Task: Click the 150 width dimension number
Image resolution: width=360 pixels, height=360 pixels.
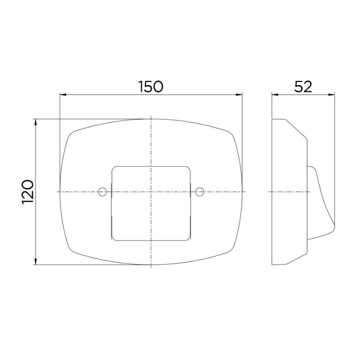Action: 150,86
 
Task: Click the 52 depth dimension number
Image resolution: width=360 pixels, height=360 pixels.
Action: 303,86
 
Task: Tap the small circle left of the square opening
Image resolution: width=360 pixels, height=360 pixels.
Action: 102,192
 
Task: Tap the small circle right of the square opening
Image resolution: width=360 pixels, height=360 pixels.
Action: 200,192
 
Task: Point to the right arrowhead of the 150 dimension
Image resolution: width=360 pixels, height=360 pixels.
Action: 239,94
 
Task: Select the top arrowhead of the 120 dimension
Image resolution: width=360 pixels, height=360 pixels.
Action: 36,122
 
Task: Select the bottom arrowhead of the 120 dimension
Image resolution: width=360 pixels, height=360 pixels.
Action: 36,261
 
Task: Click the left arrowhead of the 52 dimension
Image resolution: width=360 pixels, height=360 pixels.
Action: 275,94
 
